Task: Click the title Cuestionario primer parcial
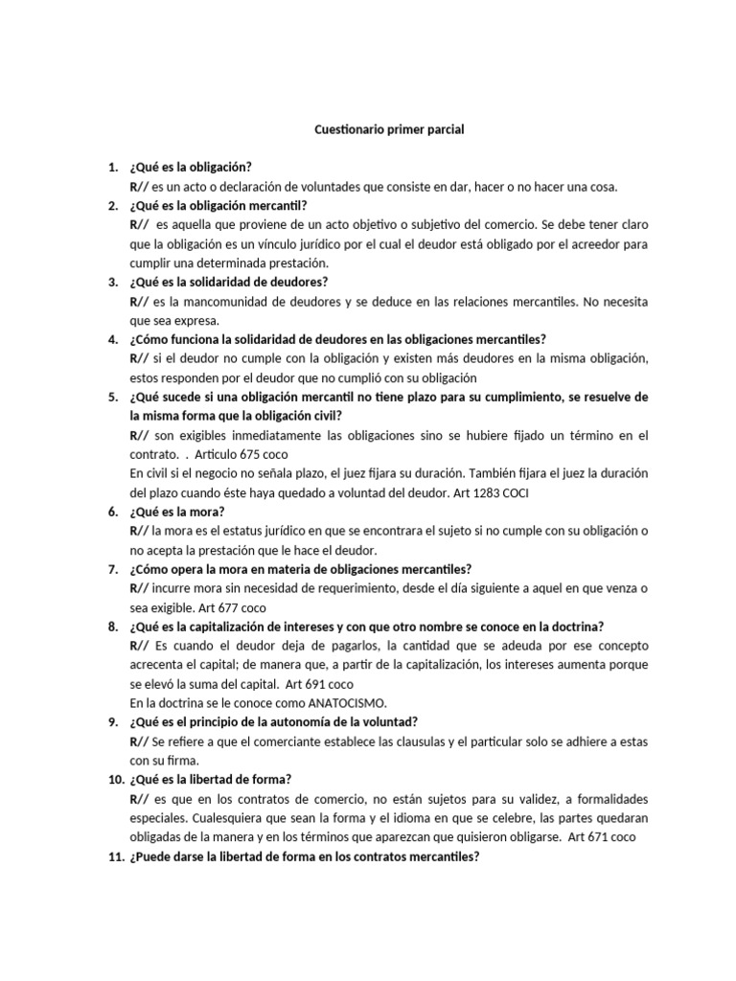[x=389, y=130]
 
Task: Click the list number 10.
[x=113, y=779]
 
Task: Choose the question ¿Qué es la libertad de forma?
[x=208, y=779]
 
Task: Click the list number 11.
[x=113, y=856]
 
